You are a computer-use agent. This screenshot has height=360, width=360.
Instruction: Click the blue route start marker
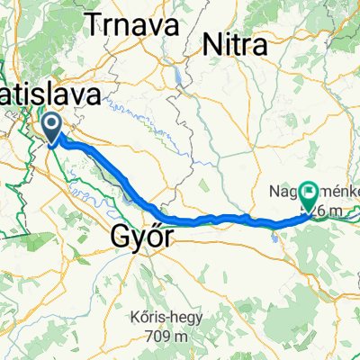coord(51,126)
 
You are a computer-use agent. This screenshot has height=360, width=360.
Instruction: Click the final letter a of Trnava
coord(167,27)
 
